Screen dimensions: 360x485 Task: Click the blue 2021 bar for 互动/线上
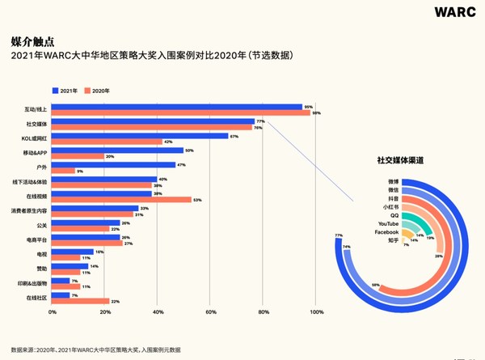click(x=178, y=107)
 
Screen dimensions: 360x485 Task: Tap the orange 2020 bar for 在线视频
click(x=122, y=200)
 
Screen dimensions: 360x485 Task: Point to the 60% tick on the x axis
click(x=210, y=312)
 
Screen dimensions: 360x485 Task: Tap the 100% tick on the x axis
click(x=316, y=312)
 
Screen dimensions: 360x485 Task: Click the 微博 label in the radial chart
click(x=392, y=181)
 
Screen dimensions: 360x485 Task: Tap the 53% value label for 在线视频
click(x=196, y=200)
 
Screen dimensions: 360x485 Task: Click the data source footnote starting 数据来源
click(x=97, y=349)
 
